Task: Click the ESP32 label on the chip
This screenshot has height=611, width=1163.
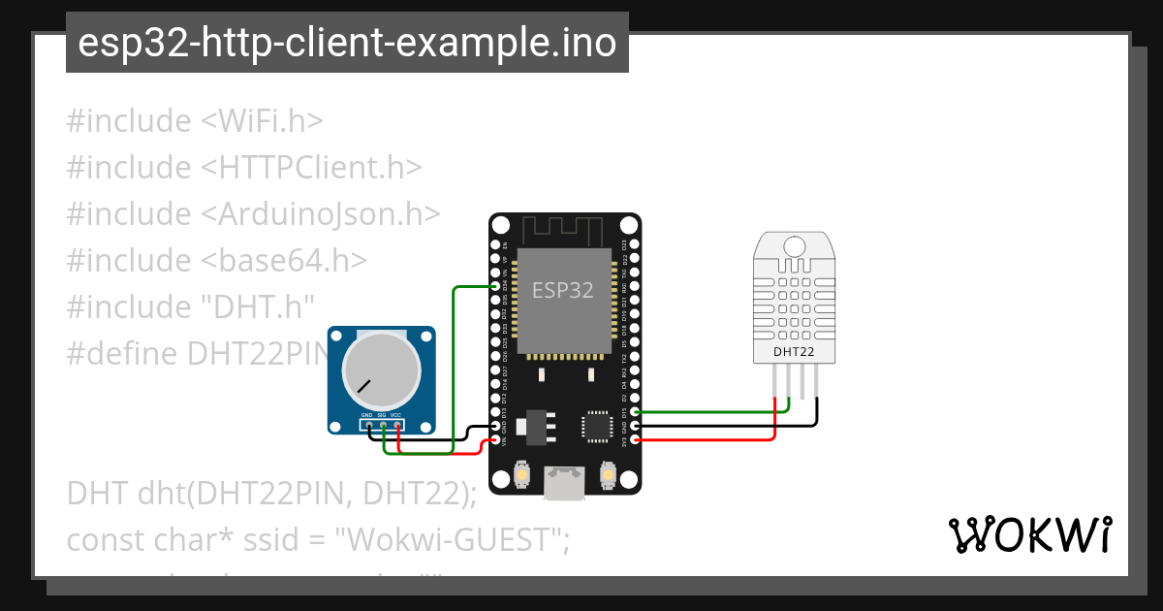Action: coord(562,290)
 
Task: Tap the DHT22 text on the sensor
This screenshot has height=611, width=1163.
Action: coord(794,352)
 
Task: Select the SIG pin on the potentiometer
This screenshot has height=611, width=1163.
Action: coord(383,424)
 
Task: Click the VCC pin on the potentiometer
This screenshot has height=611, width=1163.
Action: coord(397,424)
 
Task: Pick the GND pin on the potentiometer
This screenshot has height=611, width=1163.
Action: coord(368,424)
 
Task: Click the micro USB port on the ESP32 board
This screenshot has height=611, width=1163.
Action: coord(565,483)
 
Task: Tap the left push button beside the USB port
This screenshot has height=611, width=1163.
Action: coord(521,474)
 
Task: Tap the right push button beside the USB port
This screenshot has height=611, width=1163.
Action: coord(609,474)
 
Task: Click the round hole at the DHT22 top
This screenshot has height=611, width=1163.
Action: coord(794,245)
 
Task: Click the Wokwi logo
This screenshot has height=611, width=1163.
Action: coord(1029,534)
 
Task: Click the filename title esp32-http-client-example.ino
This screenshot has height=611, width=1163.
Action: coord(347,44)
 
